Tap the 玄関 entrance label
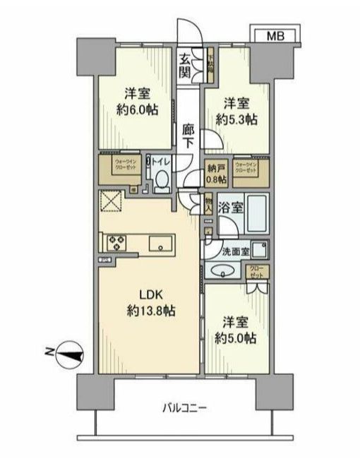(185, 65)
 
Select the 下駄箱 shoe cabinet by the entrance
(210, 64)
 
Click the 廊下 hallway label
(188, 135)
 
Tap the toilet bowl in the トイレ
(160, 181)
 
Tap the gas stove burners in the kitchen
(116, 243)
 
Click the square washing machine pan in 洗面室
(258, 249)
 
